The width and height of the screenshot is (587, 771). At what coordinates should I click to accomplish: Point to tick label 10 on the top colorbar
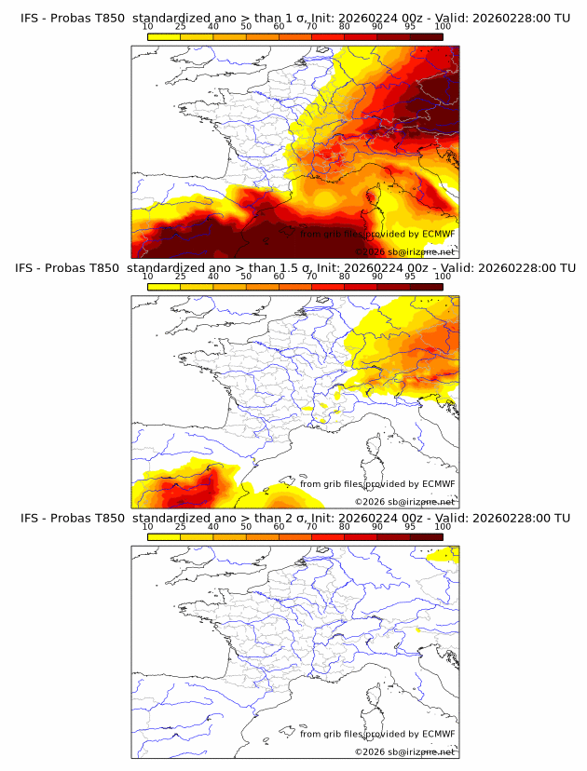click(148, 26)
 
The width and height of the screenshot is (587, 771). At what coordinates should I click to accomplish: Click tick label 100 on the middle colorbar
click(443, 277)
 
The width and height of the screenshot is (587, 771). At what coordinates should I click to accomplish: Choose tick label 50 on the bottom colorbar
click(246, 527)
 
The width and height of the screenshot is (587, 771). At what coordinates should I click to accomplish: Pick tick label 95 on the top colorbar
click(410, 26)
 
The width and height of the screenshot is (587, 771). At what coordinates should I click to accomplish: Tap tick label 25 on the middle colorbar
click(181, 277)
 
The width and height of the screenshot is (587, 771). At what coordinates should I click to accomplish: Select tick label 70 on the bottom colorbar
click(312, 527)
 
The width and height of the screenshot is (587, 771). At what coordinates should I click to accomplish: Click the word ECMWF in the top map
click(438, 234)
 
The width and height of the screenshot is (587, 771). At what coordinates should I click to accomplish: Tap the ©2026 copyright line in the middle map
click(404, 502)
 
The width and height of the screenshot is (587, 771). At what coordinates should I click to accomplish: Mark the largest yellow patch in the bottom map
click(444, 556)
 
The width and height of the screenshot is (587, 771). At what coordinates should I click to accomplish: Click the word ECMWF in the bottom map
click(438, 734)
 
